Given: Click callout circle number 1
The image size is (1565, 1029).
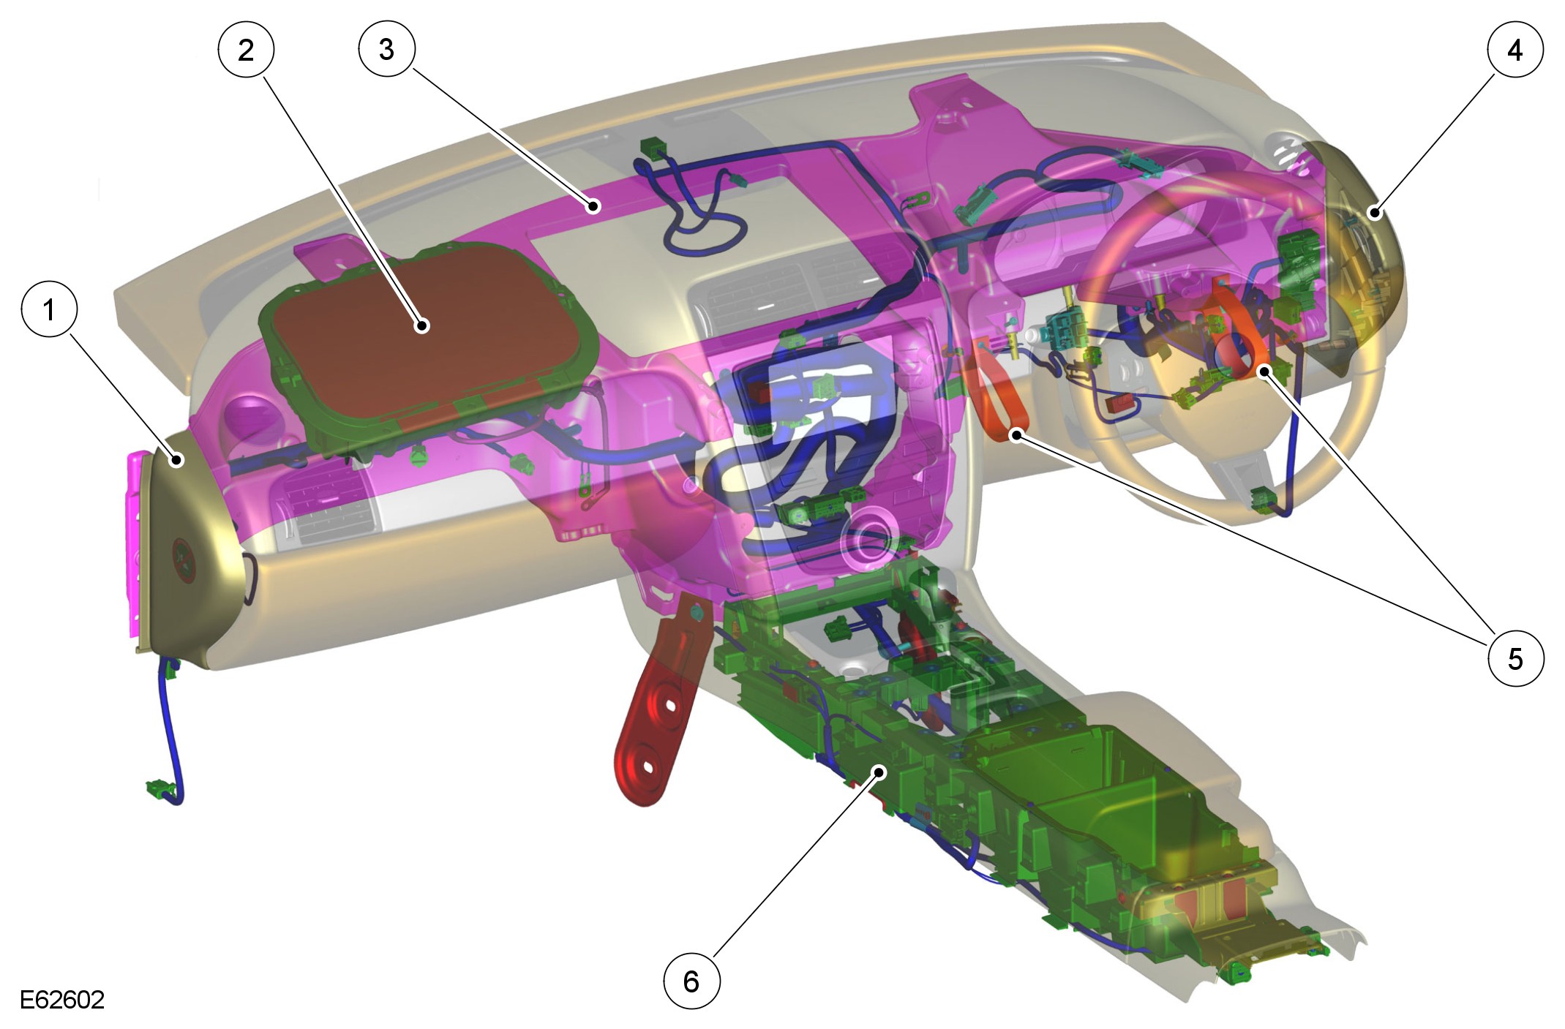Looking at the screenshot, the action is [x=49, y=309].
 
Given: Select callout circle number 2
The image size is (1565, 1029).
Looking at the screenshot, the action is [x=246, y=50].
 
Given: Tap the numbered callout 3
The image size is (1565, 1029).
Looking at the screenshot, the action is [x=386, y=50].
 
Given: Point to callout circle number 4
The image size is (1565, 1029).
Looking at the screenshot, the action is [x=1515, y=50].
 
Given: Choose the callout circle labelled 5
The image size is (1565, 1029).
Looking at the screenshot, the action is [x=1515, y=658].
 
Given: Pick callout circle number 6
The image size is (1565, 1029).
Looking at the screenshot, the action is [x=691, y=981].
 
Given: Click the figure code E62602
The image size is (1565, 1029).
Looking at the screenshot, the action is [x=62, y=1000].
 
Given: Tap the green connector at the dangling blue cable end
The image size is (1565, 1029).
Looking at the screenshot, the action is [x=160, y=789].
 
